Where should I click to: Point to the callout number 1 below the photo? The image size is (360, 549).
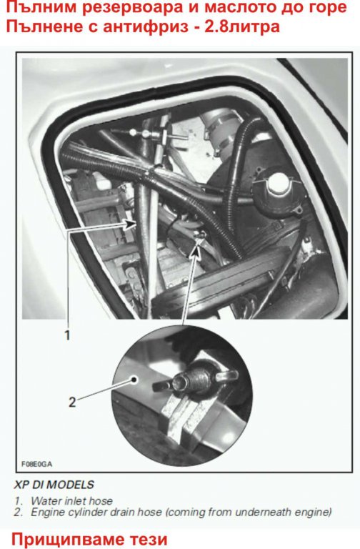click(68, 335)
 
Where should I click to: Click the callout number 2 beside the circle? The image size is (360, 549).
click(72, 402)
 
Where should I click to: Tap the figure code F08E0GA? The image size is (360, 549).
click(36, 464)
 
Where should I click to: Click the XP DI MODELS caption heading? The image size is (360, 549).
click(54, 485)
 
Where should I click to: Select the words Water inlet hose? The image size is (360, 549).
click(71, 500)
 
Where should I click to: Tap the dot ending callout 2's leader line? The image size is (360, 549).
click(134, 379)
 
